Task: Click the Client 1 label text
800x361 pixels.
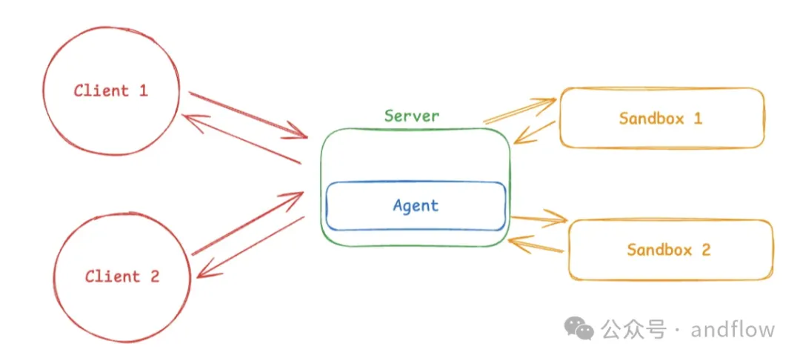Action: tap(110, 91)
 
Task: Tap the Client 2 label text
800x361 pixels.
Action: tap(122, 276)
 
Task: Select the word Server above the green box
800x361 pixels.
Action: tap(411, 116)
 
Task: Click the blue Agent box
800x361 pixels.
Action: tap(416, 205)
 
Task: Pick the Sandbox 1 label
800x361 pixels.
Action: tap(660, 118)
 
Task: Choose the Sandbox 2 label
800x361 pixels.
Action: tap(668, 249)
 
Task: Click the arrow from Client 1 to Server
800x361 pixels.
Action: tap(248, 115)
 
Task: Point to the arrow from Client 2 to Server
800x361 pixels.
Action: tap(248, 223)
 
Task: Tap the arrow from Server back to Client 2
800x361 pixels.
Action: tap(252, 246)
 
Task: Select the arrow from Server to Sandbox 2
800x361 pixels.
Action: tap(539, 218)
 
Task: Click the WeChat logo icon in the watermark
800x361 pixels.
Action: tap(579, 328)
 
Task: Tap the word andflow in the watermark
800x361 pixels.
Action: tap(733, 328)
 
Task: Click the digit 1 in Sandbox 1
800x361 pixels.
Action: tap(697, 118)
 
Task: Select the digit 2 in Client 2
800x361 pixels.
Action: tap(154, 276)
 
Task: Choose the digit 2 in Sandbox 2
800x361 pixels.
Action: tap(705, 249)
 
